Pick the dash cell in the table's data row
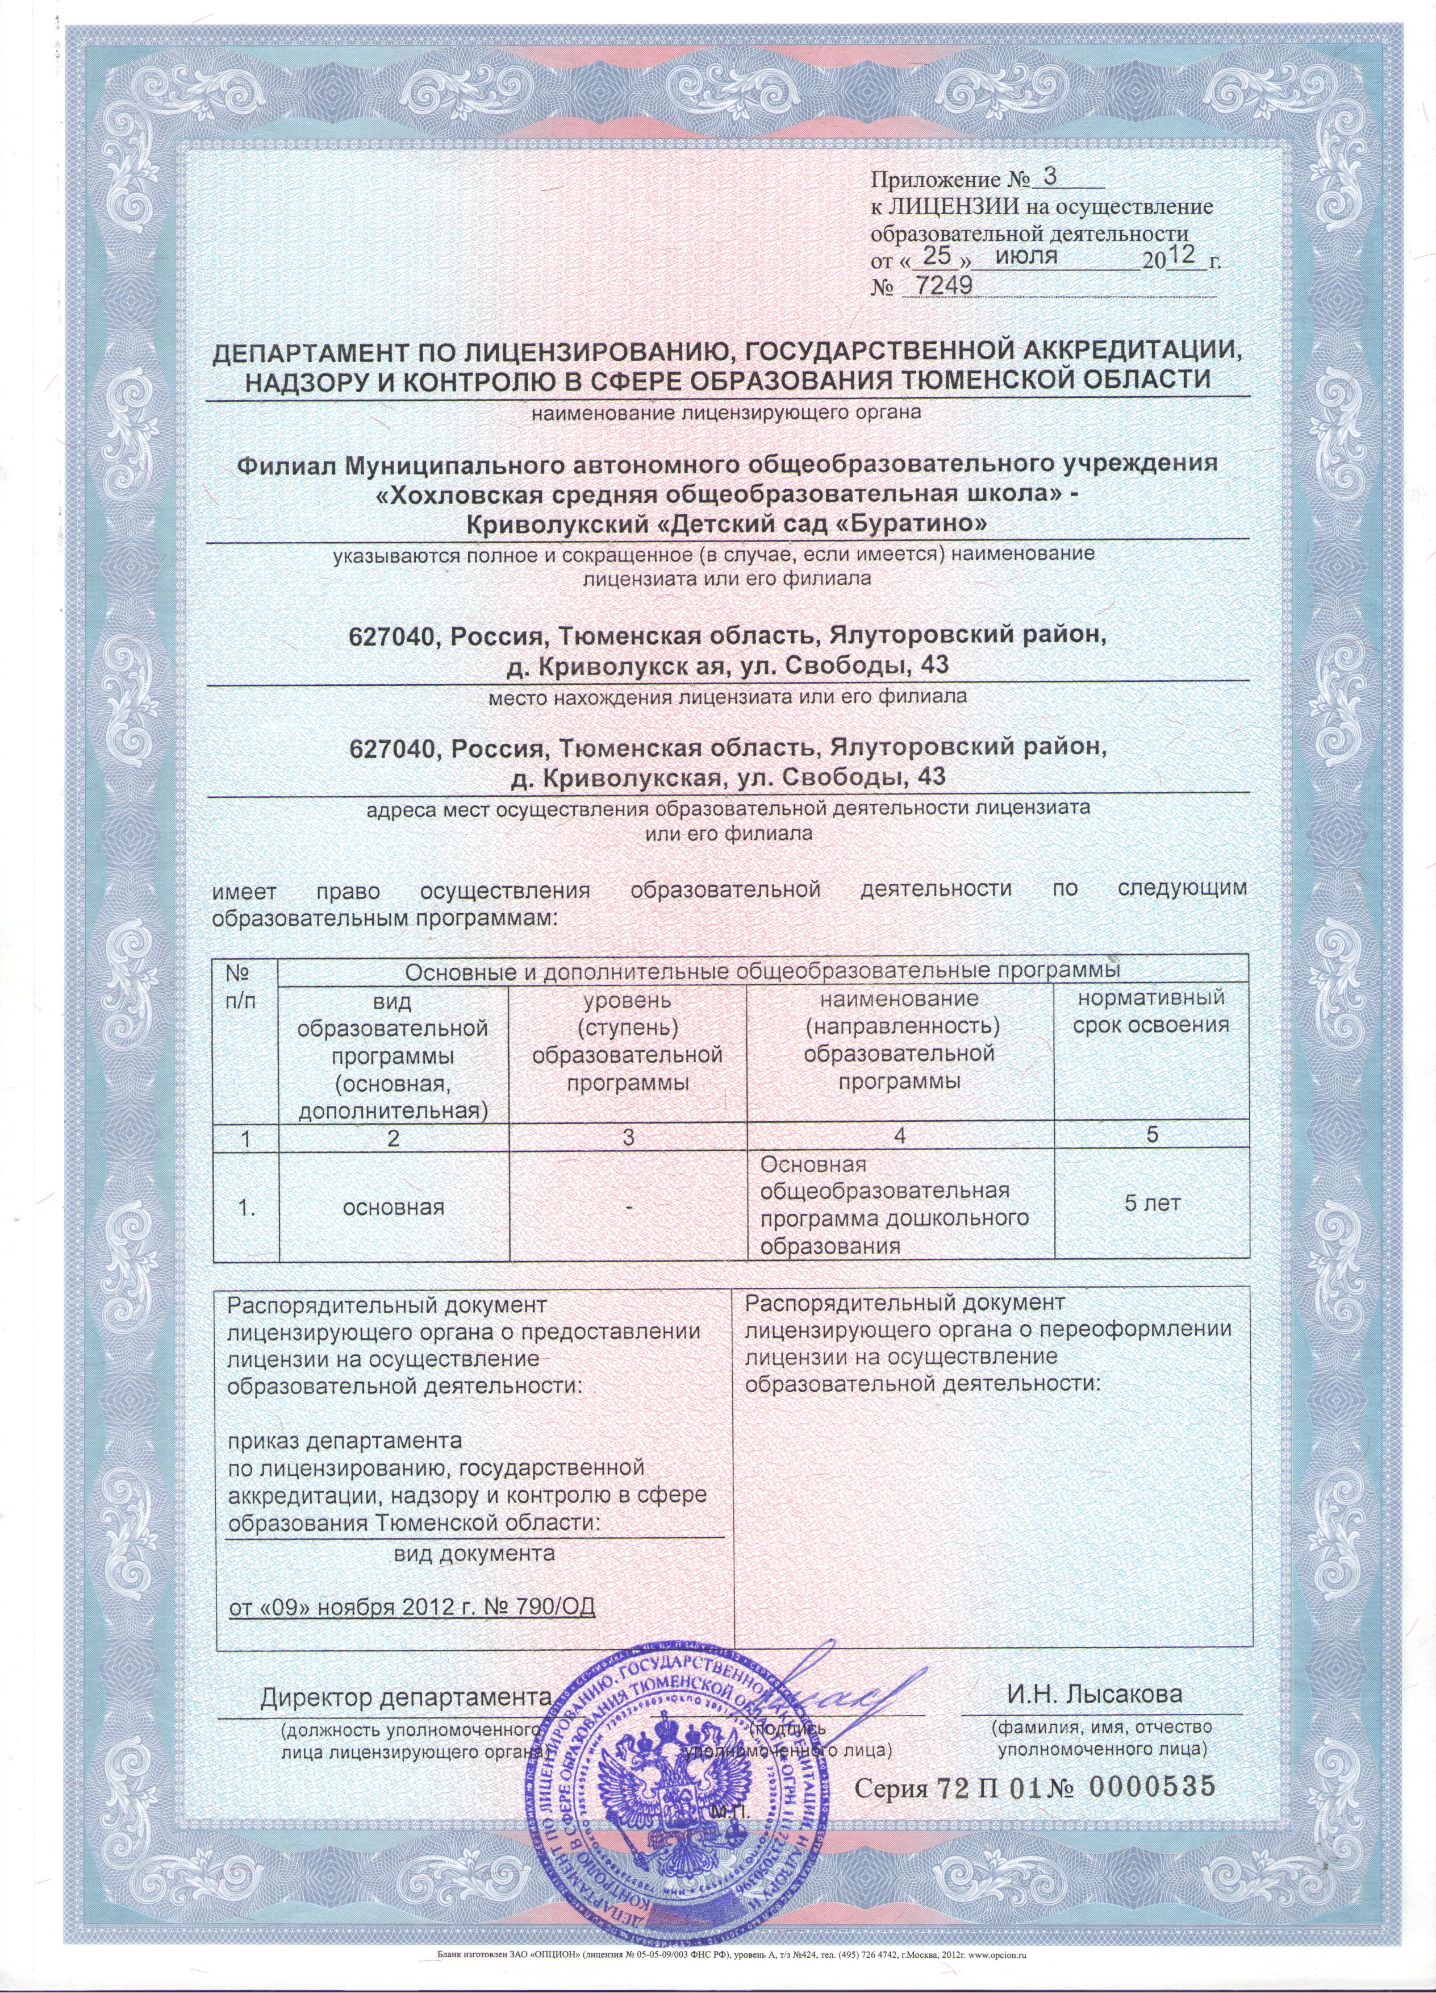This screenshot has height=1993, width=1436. (629, 1208)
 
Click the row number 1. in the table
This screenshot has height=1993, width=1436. (247, 1208)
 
